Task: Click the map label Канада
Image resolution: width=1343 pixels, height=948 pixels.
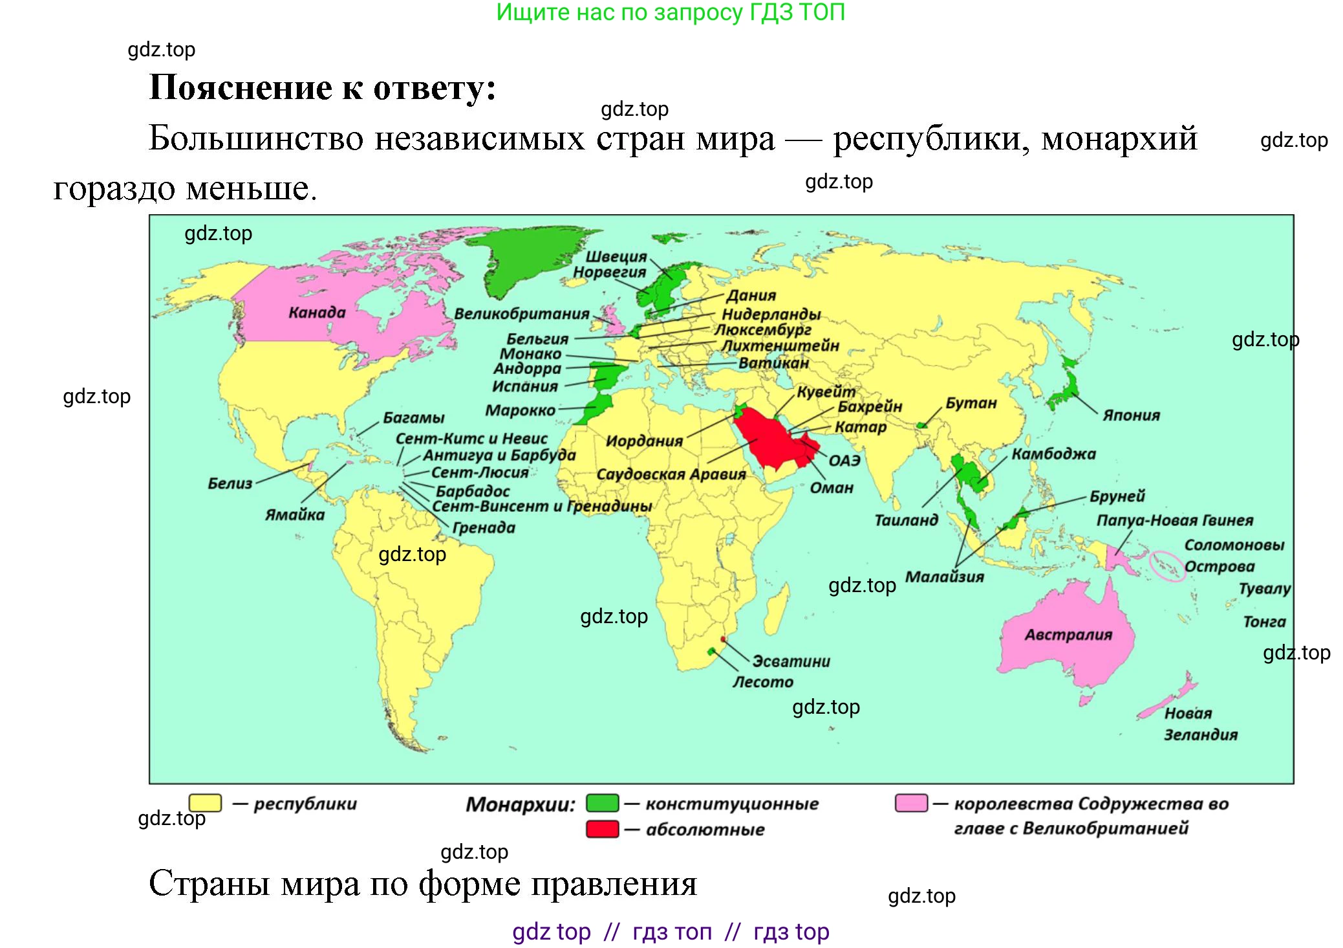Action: click(x=317, y=313)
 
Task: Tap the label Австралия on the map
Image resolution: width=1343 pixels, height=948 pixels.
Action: click(x=1068, y=635)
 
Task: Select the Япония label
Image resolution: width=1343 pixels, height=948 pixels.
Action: click(x=1131, y=415)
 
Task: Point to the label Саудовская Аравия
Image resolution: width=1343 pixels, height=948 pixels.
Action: click(x=671, y=474)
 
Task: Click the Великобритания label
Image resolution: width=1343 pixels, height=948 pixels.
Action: click(x=521, y=314)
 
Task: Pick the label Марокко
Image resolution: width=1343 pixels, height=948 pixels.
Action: click(x=520, y=410)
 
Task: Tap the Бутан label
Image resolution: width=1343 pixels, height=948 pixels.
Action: click(x=971, y=403)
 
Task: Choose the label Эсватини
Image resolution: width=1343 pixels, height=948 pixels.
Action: click(x=791, y=661)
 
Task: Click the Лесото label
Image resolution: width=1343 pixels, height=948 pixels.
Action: click(x=762, y=682)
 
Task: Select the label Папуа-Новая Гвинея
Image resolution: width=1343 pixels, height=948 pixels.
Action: click(x=1174, y=520)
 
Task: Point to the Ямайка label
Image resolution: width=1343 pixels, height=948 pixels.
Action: click(x=295, y=515)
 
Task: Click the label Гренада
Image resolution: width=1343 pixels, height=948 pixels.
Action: click(x=484, y=528)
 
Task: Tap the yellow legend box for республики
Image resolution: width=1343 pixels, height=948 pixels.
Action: click(x=205, y=803)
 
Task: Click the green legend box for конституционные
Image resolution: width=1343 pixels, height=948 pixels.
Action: click(x=602, y=803)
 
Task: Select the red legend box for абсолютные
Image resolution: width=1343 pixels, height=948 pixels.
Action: click(x=602, y=829)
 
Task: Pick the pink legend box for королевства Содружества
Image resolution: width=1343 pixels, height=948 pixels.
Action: click(x=911, y=803)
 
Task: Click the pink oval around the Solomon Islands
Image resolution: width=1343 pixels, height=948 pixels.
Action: click(x=1168, y=566)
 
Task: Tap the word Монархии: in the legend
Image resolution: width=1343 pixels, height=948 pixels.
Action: click(x=520, y=804)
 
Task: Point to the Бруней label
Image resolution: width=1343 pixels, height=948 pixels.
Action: click(x=1117, y=496)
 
